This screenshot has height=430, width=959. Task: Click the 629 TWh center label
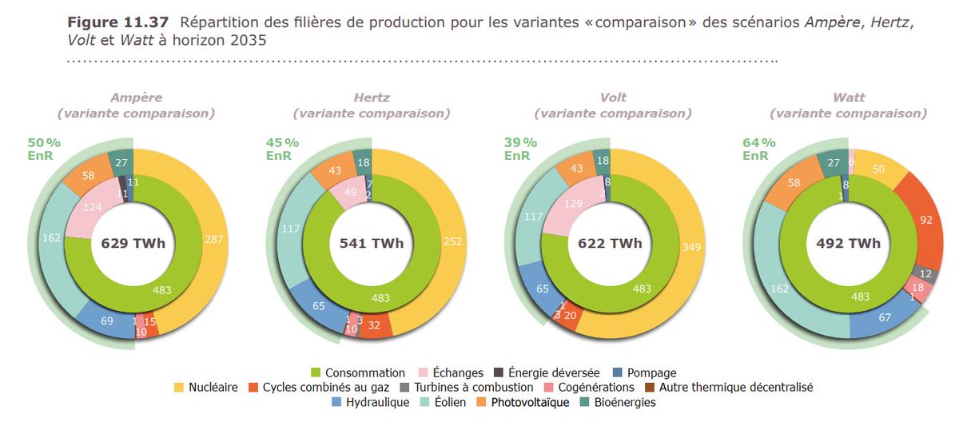(x=133, y=244)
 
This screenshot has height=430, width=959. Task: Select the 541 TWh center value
(x=371, y=244)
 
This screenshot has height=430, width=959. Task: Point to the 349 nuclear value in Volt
(x=691, y=247)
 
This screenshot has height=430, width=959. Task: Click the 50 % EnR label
(x=44, y=149)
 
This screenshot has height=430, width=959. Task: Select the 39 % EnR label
(x=520, y=149)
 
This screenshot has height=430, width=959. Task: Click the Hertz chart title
(x=372, y=98)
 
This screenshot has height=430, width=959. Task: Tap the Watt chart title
(x=848, y=98)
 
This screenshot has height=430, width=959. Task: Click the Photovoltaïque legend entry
(x=523, y=403)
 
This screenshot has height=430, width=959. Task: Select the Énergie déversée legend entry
(x=554, y=372)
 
